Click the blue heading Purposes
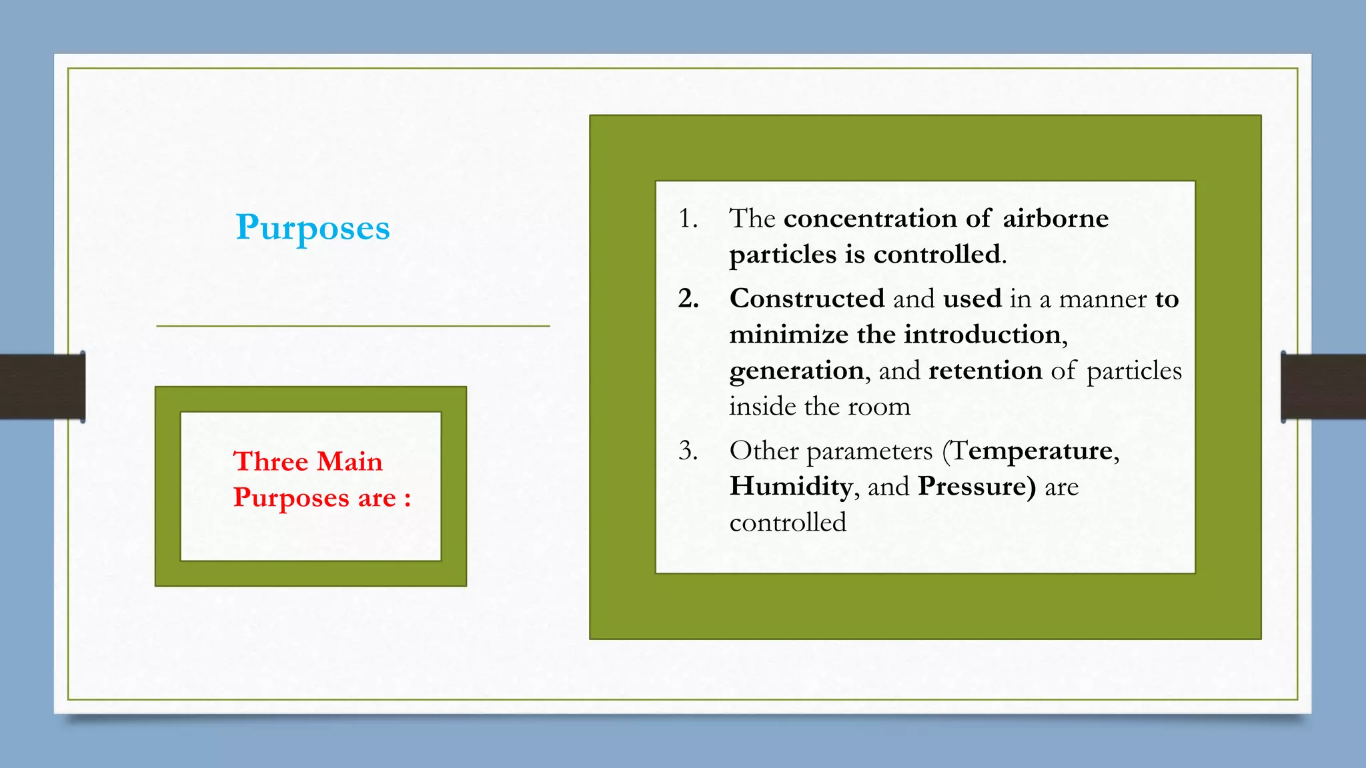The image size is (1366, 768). click(312, 228)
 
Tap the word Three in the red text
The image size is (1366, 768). click(270, 461)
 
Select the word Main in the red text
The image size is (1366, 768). click(350, 461)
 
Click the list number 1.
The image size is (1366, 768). click(688, 219)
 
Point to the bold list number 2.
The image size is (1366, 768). click(688, 299)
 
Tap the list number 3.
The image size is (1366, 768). click(688, 451)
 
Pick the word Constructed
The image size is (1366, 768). click(807, 299)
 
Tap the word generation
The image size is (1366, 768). click(796, 371)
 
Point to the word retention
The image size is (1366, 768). click(985, 371)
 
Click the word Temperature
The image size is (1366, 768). click(1033, 451)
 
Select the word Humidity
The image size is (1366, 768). click(791, 487)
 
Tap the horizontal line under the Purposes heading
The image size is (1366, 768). click(353, 326)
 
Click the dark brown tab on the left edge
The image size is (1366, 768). click(42, 387)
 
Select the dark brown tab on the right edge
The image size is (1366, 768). click(1323, 387)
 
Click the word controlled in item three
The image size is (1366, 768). click(788, 523)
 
